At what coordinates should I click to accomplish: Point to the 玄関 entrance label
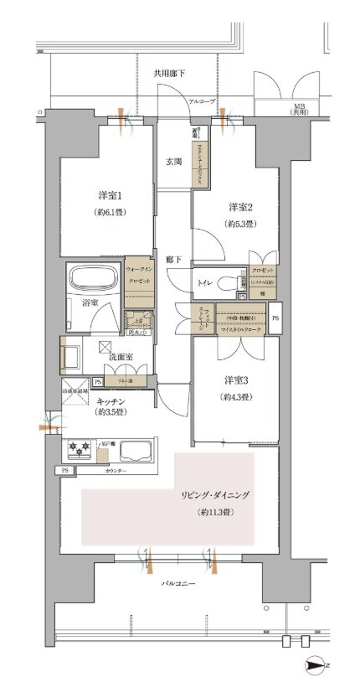click(x=173, y=163)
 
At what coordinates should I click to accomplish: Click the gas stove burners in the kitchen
click(x=80, y=451)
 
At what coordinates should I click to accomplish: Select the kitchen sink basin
click(x=134, y=451)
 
